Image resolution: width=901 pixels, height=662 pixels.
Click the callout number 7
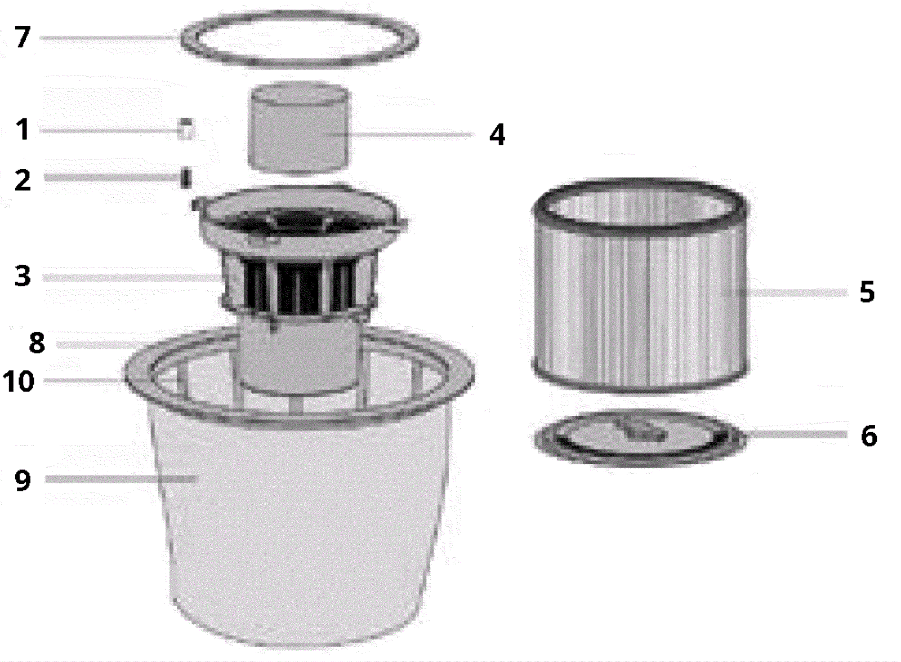[23, 37]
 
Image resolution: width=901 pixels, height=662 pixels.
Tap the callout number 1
[23, 129]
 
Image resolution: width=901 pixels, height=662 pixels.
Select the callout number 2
[23, 180]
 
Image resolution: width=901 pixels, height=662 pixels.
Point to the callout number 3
[23, 276]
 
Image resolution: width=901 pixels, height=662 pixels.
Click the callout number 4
[497, 135]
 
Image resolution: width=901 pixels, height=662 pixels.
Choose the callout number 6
[869, 436]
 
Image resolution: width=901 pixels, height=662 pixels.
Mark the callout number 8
[37, 343]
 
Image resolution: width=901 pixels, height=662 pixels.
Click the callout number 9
[23, 479]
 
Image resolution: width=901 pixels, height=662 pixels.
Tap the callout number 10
[19, 381]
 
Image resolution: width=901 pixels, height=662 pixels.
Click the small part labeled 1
[186, 129]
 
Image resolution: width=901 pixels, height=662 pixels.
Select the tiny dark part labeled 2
[186, 178]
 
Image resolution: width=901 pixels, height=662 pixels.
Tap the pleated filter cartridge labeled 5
[640, 285]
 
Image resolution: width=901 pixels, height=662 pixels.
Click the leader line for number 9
[121, 479]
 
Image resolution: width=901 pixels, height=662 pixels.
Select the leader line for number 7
[109, 38]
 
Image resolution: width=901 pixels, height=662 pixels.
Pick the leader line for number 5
[784, 292]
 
